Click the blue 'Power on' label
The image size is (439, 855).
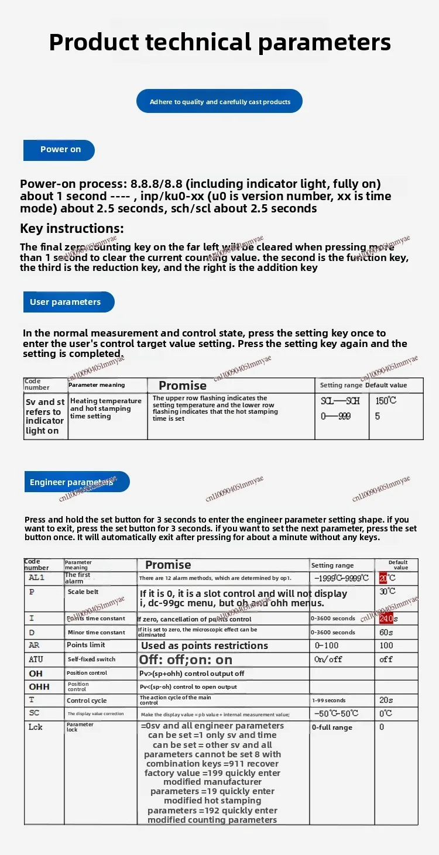(x=59, y=150)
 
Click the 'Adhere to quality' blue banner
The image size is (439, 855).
(x=220, y=102)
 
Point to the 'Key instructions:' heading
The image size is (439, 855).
(x=72, y=228)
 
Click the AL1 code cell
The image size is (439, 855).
(x=36, y=578)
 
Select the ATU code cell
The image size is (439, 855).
(x=36, y=659)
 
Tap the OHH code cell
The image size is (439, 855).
(x=39, y=686)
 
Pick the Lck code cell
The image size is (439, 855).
(x=36, y=727)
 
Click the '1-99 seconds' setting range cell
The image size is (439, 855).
(x=328, y=701)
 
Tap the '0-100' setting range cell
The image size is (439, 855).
(x=327, y=645)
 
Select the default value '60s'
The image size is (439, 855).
(x=386, y=632)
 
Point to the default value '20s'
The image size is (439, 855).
(x=386, y=701)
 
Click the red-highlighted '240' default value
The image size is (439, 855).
(x=386, y=619)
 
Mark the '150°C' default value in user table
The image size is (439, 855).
(x=386, y=401)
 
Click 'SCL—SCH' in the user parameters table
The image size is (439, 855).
(x=340, y=401)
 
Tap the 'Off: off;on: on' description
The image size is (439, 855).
(x=186, y=660)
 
